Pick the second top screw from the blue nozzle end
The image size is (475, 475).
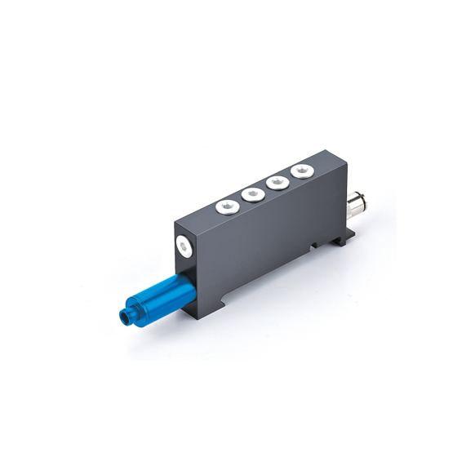[252, 193]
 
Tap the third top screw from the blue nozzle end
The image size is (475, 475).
[278, 181]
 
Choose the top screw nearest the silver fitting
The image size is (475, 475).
[303, 171]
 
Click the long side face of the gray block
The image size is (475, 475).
[269, 245]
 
